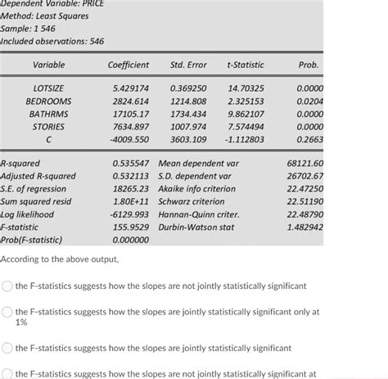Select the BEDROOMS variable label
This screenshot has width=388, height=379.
click(48, 101)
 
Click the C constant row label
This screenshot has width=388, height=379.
click(48, 140)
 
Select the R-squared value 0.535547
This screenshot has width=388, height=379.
click(130, 164)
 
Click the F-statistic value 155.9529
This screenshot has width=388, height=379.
click(130, 228)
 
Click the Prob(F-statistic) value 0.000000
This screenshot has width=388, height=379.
click(130, 241)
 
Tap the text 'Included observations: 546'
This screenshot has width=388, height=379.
click(52, 41)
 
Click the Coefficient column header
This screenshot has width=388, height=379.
click(129, 65)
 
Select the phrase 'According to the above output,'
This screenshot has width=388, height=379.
click(60, 259)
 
